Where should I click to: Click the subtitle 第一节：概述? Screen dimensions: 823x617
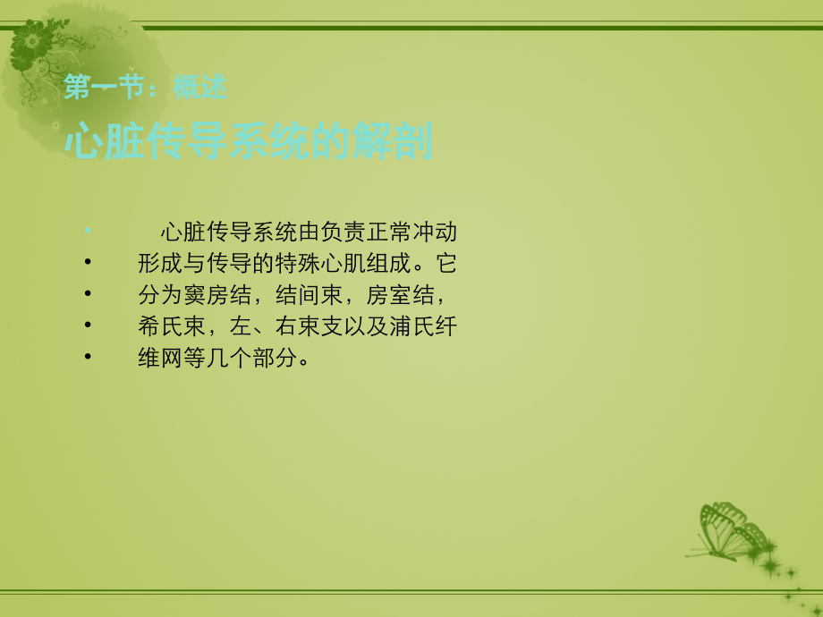pyautogui.click(x=146, y=87)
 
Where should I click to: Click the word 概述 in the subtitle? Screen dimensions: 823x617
pyautogui.click(x=200, y=87)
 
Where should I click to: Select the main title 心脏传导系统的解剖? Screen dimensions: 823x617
pyautogui.click(x=249, y=140)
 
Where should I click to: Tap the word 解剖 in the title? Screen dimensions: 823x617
pyautogui.click(x=393, y=140)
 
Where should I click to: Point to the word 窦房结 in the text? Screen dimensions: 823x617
pyautogui.click(x=217, y=295)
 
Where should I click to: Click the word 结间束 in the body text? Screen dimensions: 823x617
pyautogui.click(x=310, y=295)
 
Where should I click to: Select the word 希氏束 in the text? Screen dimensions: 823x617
pyautogui.click(x=172, y=326)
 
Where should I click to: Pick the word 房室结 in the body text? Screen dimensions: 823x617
pyautogui.click(x=400, y=295)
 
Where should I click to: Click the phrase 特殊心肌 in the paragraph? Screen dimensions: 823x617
pyautogui.click(x=320, y=264)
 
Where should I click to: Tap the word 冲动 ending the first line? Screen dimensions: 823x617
pyautogui.click(x=435, y=232)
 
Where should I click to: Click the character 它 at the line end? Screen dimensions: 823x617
pyautogui.click(x=446, y=264)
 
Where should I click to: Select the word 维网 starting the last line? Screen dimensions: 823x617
pyautogui.click(x=160, y=358)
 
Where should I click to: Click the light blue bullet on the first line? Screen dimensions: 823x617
pyautogui.click(x=88, y=230)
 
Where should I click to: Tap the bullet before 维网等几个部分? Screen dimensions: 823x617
pyautogui.click(x=88, y=356)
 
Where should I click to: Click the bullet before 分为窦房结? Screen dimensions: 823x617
pyautogui.click(x=88, y=293)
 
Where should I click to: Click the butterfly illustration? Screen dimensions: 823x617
pyautogui.click(x=731, y=531)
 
